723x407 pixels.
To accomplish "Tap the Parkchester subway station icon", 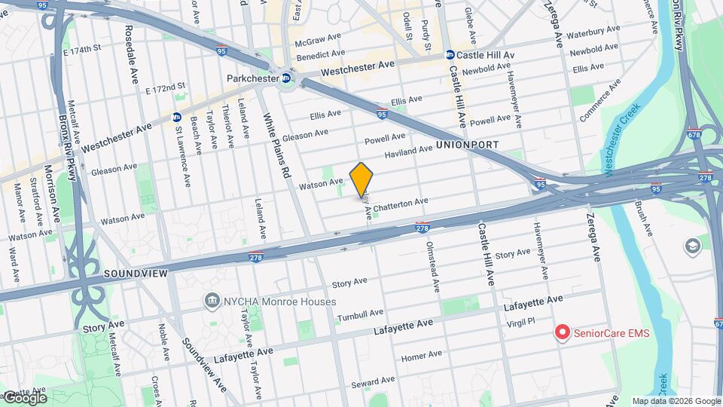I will [286, 78].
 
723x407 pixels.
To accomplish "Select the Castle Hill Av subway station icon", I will [450, 55].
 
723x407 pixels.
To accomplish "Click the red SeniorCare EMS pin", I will [562, 332].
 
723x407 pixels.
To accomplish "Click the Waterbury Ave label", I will [593, 34].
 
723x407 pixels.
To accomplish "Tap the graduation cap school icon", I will [691, 246].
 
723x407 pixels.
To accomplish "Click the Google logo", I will [24, 397].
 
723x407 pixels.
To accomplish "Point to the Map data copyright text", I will [676, 401].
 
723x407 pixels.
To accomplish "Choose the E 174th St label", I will [82, 50].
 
